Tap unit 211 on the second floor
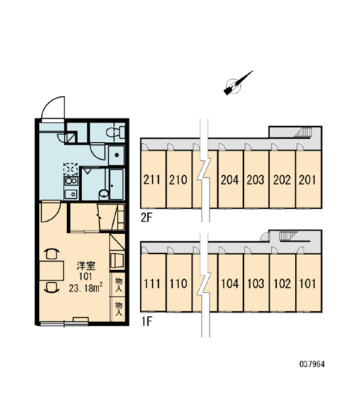point(152,179)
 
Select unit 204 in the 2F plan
point(230,179)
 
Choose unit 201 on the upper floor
point(308,179)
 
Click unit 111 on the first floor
point(152,284)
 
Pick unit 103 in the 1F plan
point(255,284)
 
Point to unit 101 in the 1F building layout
point(308,284)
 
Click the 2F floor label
point(147,218)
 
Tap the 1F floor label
point(147,322)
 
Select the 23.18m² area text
point(86,288)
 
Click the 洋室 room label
point(86,266)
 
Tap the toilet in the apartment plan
point(115,132)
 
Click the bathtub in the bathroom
point(117,184)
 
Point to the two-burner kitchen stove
point(71,181)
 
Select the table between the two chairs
point(52,271)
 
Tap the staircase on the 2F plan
point(303,132)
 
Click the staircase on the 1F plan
point(288,236)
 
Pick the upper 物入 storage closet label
point(118,284)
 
